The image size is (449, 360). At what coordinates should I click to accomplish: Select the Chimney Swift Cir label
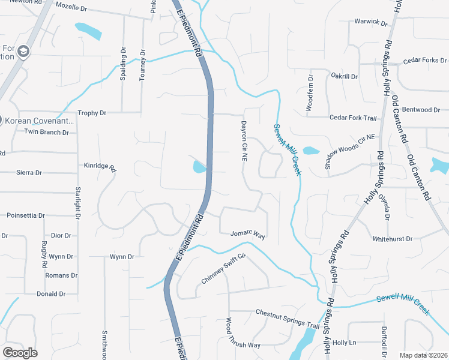coord(224,268)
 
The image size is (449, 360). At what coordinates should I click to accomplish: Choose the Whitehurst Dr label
coord(393,238)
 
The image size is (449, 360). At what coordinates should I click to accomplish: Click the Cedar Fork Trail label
coord(353,118)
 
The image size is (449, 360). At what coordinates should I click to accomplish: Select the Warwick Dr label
coord(371,22)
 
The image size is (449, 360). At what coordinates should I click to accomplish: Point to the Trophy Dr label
coord(91,113)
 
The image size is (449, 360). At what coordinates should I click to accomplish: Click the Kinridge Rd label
coord(99,166)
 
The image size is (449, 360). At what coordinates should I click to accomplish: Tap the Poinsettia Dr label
coord(25,215)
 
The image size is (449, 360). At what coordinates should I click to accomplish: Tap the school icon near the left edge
coord(23,51)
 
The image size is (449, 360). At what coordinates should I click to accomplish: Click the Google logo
coord(20,352)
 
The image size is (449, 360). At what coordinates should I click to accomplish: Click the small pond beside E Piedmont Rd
coord(199,167)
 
